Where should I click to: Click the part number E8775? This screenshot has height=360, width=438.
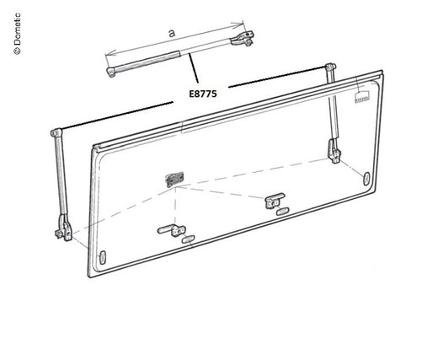pyautogui.click(x=203, y=94)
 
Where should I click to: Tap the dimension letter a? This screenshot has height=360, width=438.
pyautogui.click(x=172, y=33)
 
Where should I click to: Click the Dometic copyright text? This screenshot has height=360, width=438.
pyautogui.click(x=17, y=34)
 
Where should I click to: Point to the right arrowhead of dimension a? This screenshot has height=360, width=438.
pyautogui.click(x=239, y=24)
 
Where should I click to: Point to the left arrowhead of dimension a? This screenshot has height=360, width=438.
pyautogui.click(x=110, y=53)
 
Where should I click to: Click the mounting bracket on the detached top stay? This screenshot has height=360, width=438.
pyautogui.click(x=243, y=39)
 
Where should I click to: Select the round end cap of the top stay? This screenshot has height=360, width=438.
pyautogui.click(x=110, y=72)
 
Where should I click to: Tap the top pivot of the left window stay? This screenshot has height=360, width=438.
pyautogui.click(x=56, y=132)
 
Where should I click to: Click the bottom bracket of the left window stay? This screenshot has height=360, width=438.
pyautogui.click(x=63, y=228)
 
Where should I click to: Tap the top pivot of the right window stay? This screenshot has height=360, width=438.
pyautogui.click(x=330, y=67)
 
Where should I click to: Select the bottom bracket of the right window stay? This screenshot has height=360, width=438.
pyautogui.click(x=334, y=151)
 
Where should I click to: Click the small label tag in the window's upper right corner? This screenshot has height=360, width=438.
pyautogui.click(x=361, y=97)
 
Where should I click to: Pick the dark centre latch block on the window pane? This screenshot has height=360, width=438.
pyautogui.click(x=174, y=180)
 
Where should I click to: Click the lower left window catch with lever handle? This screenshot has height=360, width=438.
pyautogui.click(x=172, y=230)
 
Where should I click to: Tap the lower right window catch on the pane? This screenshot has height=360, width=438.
pyautogui.click(x=275, y=201)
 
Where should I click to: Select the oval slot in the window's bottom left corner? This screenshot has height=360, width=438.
pyautogui.click(x=103, y=257)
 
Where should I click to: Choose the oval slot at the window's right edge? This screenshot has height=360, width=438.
pyautogui.click(x=366, y=179)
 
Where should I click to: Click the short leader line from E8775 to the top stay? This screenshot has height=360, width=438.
pyautogui.click(x=194, y=68)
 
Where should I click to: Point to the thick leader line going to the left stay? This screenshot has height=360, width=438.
pyautogui.click(x=117, y=116)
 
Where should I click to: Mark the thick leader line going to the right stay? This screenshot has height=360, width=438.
pyautogui.click(x=277, y=77)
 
